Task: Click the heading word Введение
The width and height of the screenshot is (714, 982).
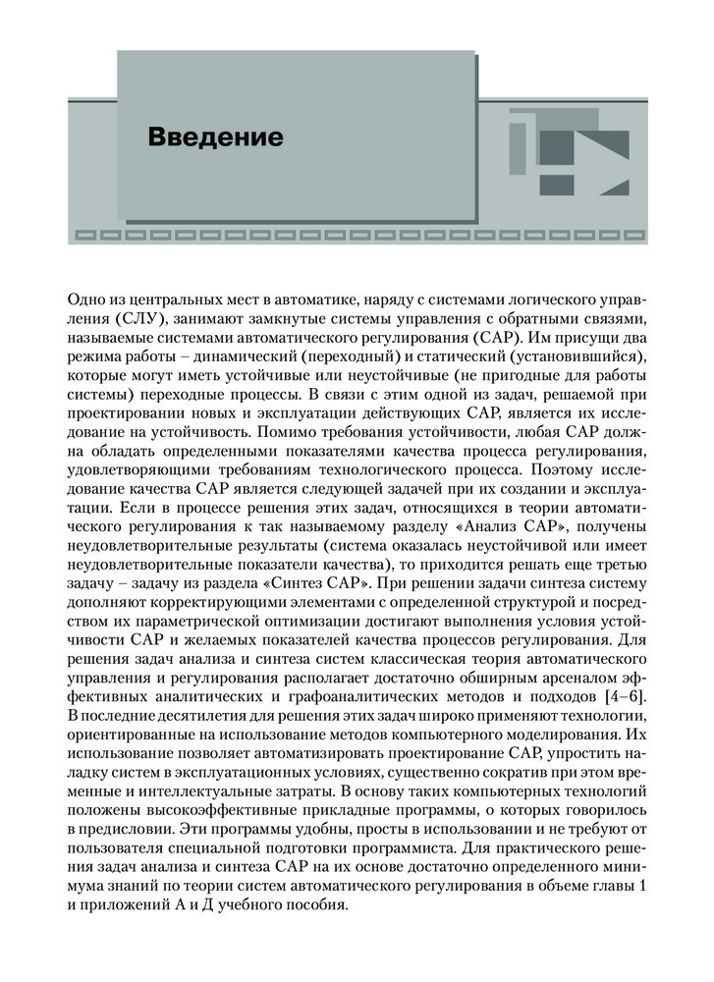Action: pyautogui.click(x=215, y=136)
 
